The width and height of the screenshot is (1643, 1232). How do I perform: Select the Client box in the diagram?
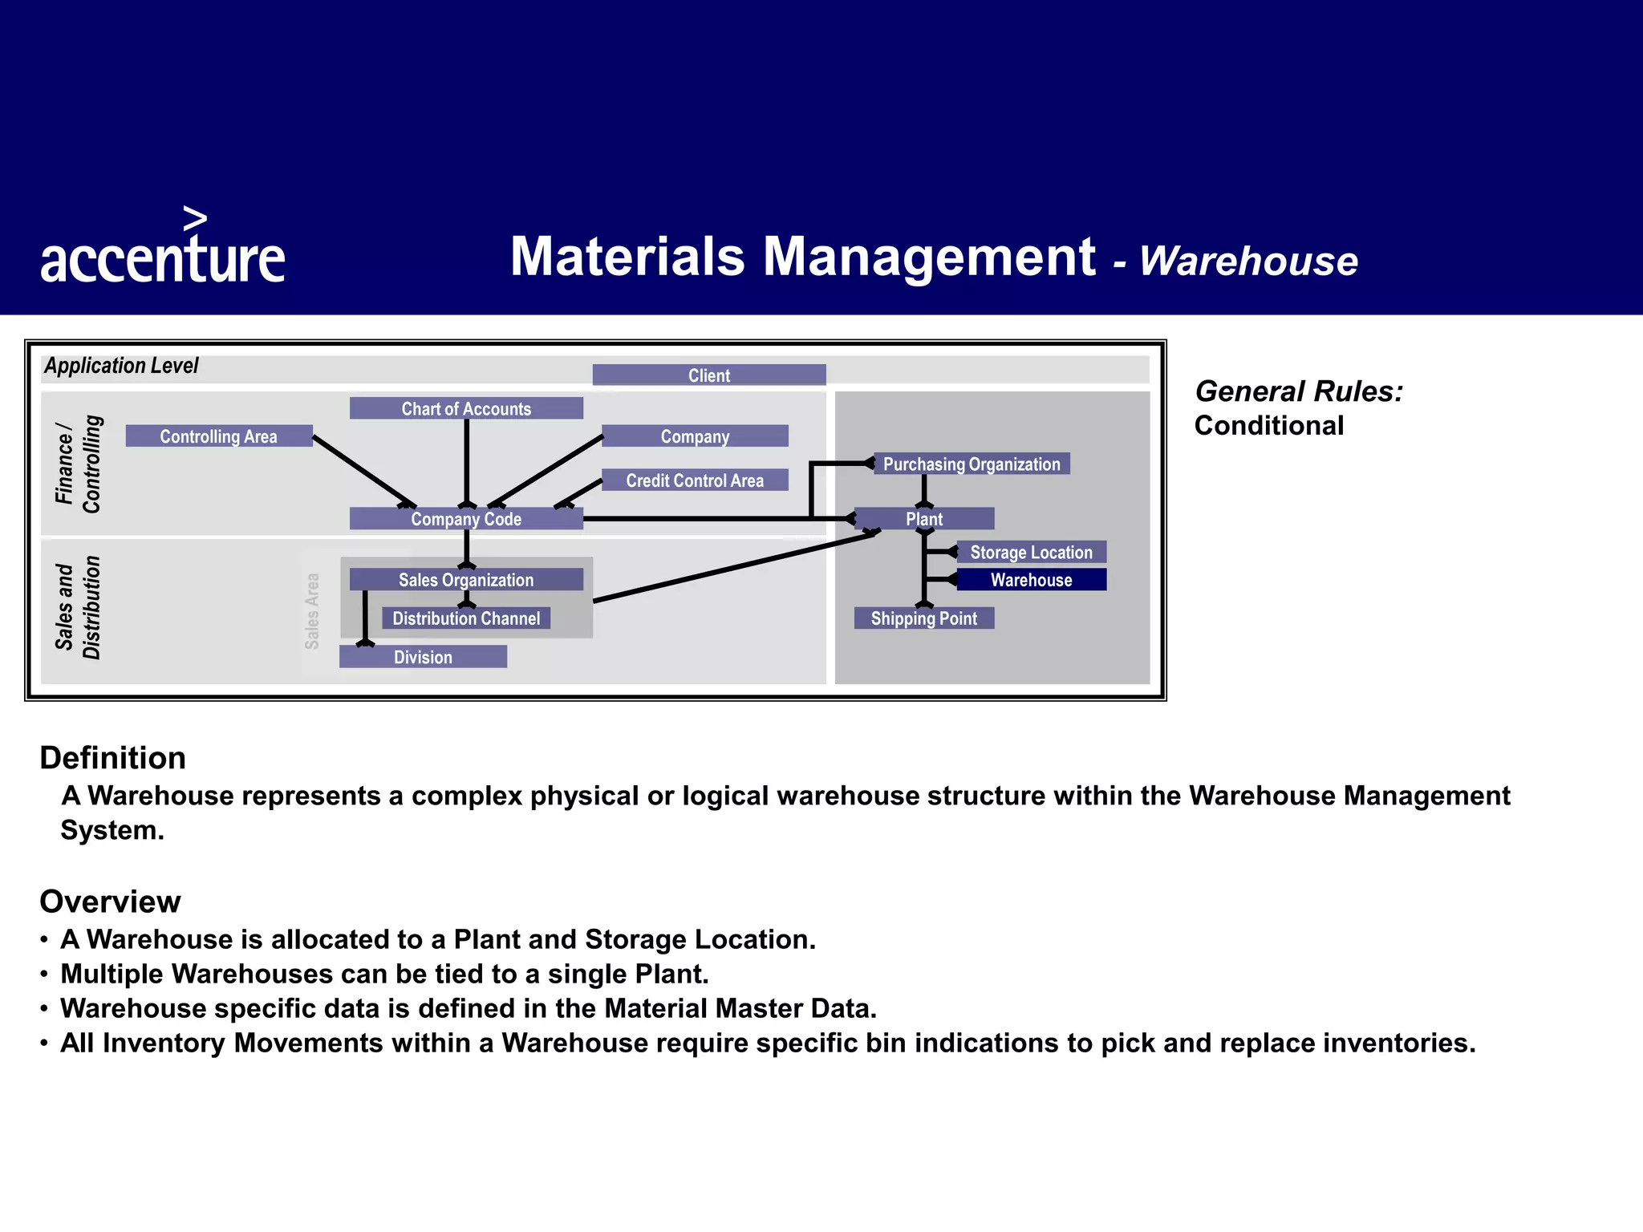(709, 375)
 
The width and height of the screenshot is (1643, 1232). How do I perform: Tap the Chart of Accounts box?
(466, 408)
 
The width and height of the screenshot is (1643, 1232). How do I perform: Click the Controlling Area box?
(218, 436)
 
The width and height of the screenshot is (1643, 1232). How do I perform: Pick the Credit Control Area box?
(695, 480)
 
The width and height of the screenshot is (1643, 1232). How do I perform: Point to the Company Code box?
(466, 519)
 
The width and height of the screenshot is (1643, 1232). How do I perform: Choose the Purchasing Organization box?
(972, 464)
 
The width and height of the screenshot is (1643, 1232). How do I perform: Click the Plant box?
(924, 519)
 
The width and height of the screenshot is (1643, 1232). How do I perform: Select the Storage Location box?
(1032, 553)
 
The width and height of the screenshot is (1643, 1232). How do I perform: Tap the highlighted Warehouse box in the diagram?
(1032, 580)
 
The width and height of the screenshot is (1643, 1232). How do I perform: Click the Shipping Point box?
(924, 618)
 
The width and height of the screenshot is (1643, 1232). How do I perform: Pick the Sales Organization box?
(466, 580)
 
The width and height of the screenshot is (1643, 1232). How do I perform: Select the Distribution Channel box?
(466, 618)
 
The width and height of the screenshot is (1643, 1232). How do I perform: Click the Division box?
(423, 657)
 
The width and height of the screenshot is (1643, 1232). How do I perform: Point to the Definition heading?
(113, 758)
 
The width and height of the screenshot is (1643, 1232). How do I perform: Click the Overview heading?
(111, 902)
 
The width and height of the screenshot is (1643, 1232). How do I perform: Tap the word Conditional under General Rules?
(1269, 426)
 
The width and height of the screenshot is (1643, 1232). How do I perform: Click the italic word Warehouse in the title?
(1248, 261)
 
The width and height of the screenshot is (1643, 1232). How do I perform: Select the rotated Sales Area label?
(312, 611)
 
